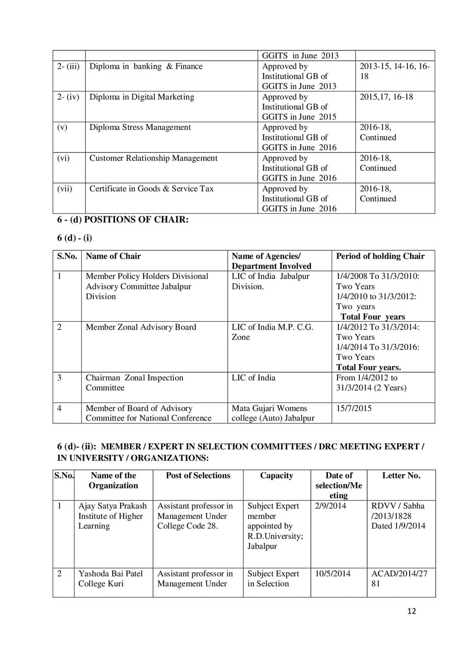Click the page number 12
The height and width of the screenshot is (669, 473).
[x=411, y=611]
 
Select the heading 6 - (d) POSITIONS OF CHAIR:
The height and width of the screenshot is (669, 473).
[x=123, y=220]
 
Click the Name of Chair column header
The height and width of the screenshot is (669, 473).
[x=113, y=256]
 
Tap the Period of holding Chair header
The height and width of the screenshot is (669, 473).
[x=380, y=256]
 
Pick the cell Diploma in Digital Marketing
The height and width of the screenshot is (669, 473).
[x=142, y=97]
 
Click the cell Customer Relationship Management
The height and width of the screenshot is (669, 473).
[x=153, y=158]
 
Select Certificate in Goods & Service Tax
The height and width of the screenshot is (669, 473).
[x=152, y=189]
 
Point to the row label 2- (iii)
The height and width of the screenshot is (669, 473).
[x=68, y=66]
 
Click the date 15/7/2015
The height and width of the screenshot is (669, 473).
[x=354, y=408]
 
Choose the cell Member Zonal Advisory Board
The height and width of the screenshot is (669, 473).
[x=141, y=327]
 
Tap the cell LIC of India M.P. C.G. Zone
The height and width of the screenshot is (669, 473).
[x=272, y=332]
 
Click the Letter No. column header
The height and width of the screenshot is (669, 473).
[x=401, y=476]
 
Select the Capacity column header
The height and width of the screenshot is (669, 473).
[x=276, y=476]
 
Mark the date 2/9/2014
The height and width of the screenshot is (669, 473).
[x=330, y=506]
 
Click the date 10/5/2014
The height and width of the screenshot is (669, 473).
[x=333, y=573]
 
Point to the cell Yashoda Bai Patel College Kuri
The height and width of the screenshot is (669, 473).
[x=110, y=579]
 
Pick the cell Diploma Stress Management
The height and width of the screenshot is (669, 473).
[x=140, y=127]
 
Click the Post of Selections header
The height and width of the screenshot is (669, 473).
[x=198, y=476]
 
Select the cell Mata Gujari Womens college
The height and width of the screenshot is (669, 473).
[x=273, y=413]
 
